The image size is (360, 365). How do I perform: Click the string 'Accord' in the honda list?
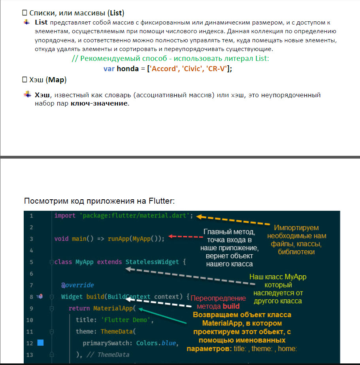164,68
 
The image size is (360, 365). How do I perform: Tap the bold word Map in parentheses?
56,80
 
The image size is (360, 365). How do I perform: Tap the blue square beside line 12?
40,343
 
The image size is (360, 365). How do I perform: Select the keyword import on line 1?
66,216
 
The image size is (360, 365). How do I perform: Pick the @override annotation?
77,285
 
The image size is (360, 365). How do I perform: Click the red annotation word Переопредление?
218,298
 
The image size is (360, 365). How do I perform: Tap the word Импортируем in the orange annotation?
296,228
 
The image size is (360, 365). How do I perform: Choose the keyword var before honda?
109,68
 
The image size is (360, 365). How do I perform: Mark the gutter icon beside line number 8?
40,297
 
